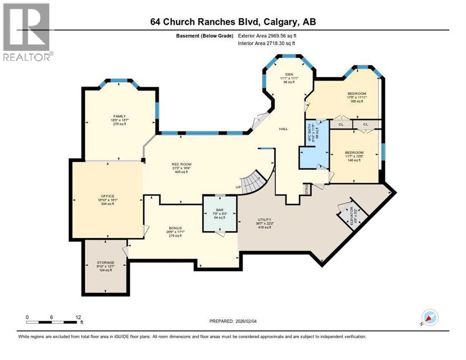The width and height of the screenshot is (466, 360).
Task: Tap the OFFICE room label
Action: pos(107,196)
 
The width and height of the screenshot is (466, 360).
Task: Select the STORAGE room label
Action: pos(105,262)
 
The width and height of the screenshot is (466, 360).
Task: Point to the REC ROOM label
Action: pos(181,164)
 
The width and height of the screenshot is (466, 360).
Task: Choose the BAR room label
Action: pos(219,210)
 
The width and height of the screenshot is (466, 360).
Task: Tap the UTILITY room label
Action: pos(264,219)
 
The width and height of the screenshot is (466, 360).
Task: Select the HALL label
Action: pos(283,129)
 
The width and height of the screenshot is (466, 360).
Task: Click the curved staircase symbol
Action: pos(256,180)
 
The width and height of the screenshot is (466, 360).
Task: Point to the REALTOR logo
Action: pos(27,32)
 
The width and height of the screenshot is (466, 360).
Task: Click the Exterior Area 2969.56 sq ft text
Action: pos(267,35)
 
